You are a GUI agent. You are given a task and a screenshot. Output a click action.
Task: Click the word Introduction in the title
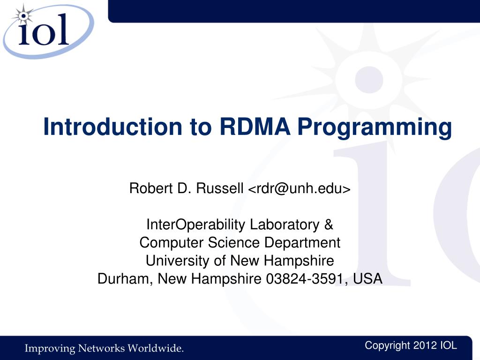112,127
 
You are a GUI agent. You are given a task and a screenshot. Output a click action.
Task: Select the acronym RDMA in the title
255,127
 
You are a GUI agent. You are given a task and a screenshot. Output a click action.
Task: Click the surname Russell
220,188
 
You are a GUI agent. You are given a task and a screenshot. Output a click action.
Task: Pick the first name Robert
151,188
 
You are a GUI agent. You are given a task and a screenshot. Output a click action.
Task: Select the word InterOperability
196,225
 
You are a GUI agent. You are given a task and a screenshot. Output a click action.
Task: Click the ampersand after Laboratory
329,225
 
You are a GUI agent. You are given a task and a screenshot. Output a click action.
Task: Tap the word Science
234,242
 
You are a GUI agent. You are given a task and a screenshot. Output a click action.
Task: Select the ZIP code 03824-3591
307,279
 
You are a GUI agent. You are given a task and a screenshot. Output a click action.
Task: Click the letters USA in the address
367,278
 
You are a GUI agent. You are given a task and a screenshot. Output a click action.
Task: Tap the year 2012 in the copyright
425,345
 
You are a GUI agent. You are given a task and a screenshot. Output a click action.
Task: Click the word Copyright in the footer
387,346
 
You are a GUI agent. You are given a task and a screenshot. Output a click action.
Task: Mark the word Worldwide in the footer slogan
156,348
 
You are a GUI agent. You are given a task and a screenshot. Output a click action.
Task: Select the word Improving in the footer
50,349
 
